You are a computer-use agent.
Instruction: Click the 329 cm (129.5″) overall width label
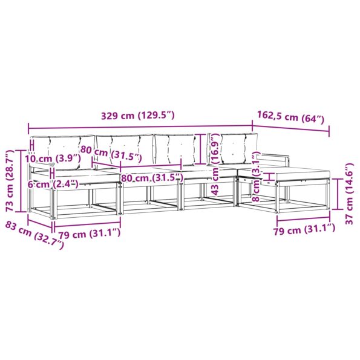point(138,116)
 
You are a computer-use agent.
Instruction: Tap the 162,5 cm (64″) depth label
point(290,117)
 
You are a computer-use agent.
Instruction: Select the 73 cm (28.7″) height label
point(10,181)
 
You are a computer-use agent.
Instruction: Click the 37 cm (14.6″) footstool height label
point(349,194)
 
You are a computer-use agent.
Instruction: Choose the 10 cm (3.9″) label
point(53,159)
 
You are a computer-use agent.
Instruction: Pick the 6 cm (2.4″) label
point(53,184)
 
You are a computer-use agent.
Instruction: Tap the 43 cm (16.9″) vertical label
point(215,165)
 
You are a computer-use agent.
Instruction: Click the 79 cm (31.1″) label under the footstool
point(304,230)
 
